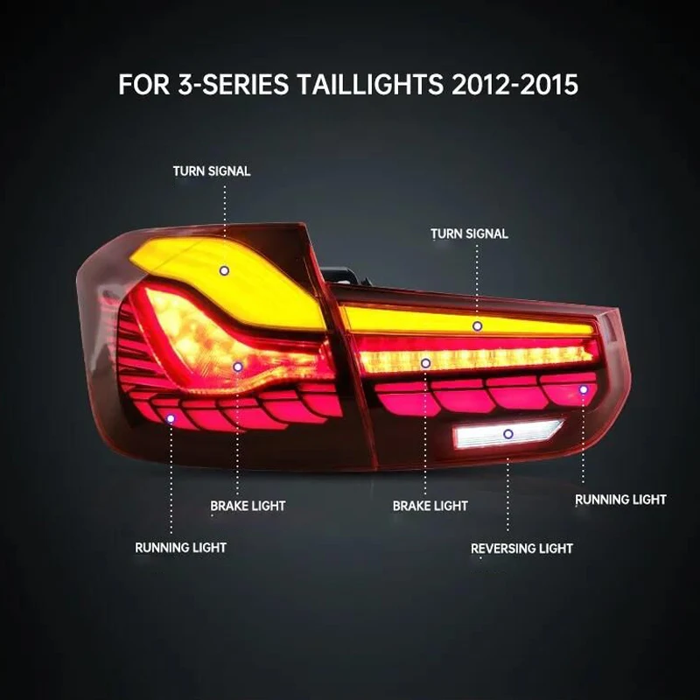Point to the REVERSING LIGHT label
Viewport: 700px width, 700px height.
tap(521, 549)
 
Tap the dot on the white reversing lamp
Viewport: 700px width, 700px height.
tap(507, 433)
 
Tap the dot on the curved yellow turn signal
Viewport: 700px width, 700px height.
tap(224, 271)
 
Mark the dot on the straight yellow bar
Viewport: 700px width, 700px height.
tap(477, 325)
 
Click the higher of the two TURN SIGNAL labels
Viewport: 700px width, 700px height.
tap(211, 171)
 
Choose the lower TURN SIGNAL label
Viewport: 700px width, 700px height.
tap(469, 234)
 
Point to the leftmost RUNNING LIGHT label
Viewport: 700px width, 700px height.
tap(180, 548)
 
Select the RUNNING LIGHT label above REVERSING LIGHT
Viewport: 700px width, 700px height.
tap(620, 500)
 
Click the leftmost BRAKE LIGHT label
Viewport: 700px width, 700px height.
tap(248, 506)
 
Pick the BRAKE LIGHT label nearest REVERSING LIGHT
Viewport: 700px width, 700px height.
tap(430, 506)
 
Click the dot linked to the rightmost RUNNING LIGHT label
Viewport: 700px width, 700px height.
tap(584, 389)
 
